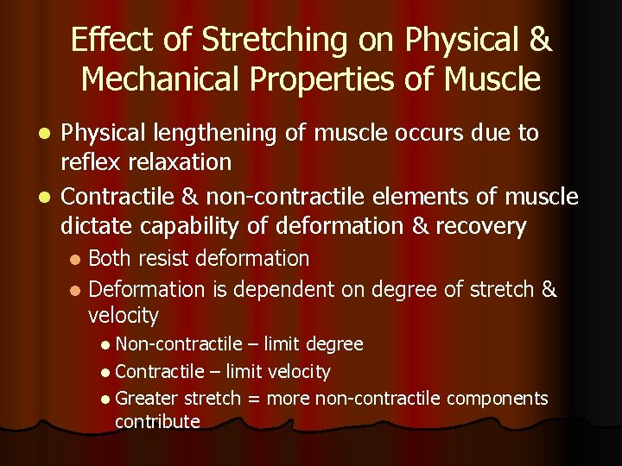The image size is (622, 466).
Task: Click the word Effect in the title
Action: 99,40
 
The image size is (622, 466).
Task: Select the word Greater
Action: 147,399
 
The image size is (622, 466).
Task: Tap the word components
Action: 497,400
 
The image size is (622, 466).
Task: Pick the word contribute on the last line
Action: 157,422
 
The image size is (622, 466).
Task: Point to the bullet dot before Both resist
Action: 76,259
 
